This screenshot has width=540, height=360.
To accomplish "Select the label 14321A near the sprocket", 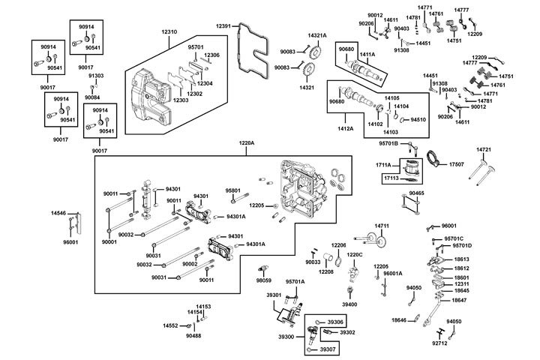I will pos(317,35).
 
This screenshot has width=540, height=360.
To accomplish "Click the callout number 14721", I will pos(483,150).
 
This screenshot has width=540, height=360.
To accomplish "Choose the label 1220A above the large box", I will pos(247,142).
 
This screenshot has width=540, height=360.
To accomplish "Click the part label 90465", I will pos(417,193).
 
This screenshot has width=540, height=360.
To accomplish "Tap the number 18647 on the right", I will pos(458,300).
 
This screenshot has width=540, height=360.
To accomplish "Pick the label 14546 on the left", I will pos(59,214).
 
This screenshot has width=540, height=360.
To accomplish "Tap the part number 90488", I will pos(194,335).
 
